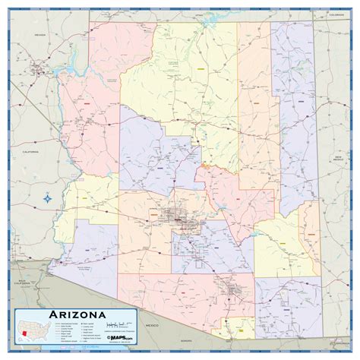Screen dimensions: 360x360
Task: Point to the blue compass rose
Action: point(48,199)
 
